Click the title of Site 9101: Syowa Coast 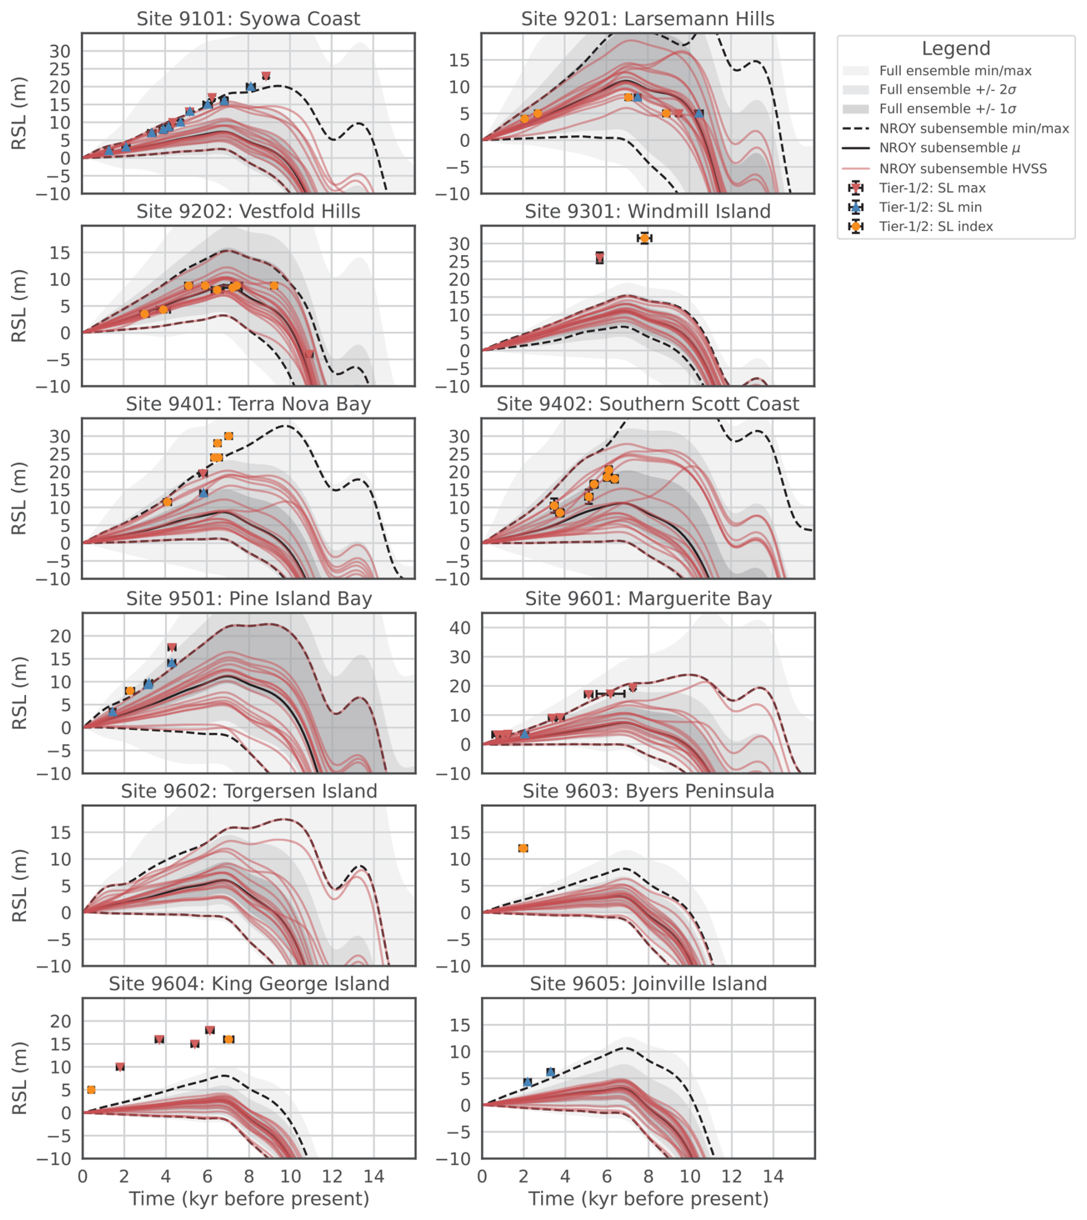[248, 18]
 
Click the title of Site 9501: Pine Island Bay [248, 599]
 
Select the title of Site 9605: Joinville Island [648, 983]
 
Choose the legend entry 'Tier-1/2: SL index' [936, 226]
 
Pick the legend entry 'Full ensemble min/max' [955, 71]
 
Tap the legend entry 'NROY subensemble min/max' [973, 129]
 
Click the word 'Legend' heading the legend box [955, 48]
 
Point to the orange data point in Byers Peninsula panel [523, 848]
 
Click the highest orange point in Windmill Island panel [644, 238]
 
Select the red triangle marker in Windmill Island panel [600, 257]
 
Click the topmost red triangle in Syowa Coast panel [266, 76]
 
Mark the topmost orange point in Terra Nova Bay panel [228, 436]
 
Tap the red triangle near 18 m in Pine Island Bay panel [172, 647]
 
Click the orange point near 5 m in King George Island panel [91, 1090]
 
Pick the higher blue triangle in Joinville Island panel [550, 1072]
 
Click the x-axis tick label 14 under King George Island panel [374, 1177]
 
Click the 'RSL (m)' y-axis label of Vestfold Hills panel [19, 306]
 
